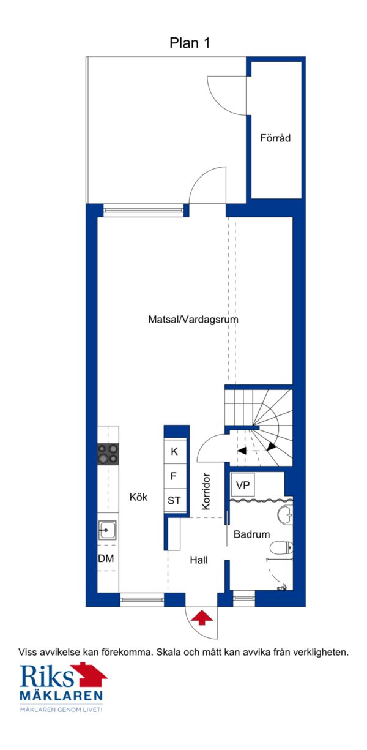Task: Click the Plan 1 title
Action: pyautogui.click(x=190, y=43)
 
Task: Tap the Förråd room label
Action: pyautogui.click(x=275, y=138)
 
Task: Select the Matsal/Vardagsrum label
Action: pyautogui.click(x=193, y=319)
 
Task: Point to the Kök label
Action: pyautogui.click(x=138, y=497)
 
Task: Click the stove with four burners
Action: pyautogui.click(x=108, y=454)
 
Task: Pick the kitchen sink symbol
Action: pyautogui.click(x=107, y=530)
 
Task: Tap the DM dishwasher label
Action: pyautogui.click(x=106, y=558)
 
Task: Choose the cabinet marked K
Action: pyautogui.click(x=175, y=451)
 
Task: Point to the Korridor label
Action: pyautogui.click(x=206, y=492)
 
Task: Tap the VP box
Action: pyautogui.click(x=243, y=484)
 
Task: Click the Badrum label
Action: pyautogui.click(x=251, y=534)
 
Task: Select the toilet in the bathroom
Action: pyautogui.click(x=281, y=548)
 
